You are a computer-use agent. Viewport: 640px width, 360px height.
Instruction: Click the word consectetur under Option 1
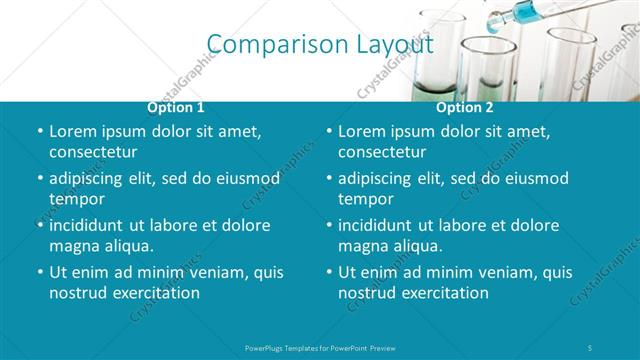click(93, 152)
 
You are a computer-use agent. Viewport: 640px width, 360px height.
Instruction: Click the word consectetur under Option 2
click(382, 152)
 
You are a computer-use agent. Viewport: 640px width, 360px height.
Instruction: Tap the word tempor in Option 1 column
click(76, 198)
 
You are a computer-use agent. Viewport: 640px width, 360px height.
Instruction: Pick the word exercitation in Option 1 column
click(155, 293)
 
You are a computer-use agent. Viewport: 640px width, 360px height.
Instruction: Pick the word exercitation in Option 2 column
click(444, 293)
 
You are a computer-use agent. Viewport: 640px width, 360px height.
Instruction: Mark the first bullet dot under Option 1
click(39, 131)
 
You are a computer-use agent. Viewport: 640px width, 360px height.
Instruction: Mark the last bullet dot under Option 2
click(329, 272)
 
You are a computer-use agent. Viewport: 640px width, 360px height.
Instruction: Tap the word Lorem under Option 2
click(362, 131)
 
